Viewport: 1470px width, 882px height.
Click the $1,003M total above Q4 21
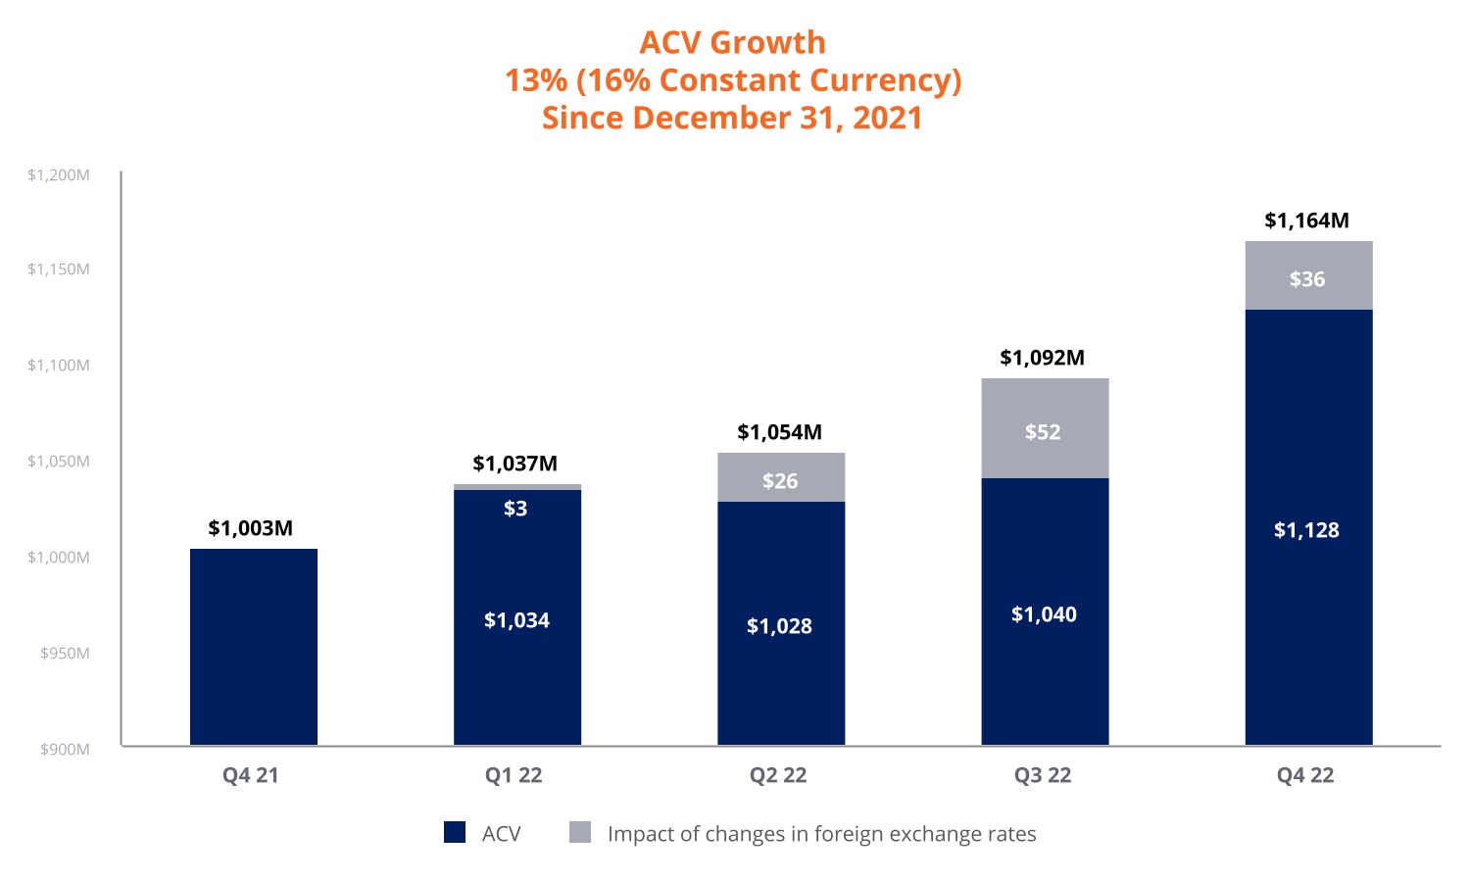pos(251,528)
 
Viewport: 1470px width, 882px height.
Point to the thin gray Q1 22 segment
pos(517,486)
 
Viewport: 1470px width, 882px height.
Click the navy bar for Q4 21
pos(253,647)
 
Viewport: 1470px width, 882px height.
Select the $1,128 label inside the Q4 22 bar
pos(1306,530)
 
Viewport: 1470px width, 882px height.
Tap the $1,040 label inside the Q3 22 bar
pos(1044,614)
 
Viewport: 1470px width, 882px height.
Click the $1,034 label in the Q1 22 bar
pos(516,620)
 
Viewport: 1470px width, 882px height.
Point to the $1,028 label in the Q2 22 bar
pos(779,626)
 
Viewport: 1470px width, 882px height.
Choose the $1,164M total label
pos(1306,220)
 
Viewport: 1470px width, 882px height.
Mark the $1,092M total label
pos(1042,358)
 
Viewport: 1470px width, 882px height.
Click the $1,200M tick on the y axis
pos(59,175)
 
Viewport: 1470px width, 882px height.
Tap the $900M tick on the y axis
pos(65,750)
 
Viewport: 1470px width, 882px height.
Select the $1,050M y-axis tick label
pos(59,462)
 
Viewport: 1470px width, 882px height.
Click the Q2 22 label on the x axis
pos(778,775)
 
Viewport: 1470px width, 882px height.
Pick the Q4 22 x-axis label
pos(1305,775)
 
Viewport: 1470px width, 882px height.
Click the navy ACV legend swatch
pos(455,833)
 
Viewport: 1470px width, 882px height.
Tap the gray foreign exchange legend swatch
pos(580,833)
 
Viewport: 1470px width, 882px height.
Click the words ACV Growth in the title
pos(732,42)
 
